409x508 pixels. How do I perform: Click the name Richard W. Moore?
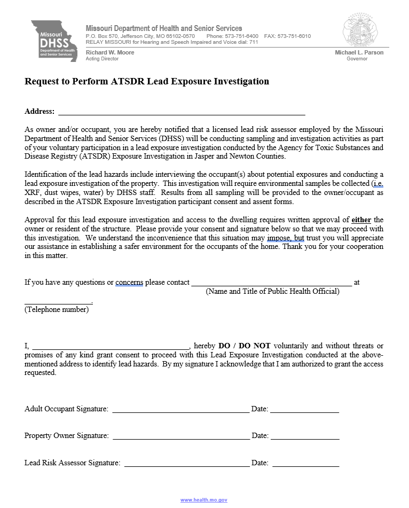pos(110,52)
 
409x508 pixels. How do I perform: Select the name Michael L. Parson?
pos(359,52)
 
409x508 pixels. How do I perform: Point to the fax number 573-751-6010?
pos(294,36)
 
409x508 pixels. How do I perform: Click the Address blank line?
pos(182,113)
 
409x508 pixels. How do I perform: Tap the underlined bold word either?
pos(361,220)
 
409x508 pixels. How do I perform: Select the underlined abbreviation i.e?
pos(378,183)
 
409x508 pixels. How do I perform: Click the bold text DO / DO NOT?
pos(245,346)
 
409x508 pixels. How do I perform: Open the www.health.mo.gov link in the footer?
pos(204,500)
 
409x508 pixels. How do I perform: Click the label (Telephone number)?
pos(57,309)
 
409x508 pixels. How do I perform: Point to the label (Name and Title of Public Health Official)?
pos(272,291)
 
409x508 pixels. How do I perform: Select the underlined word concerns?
pos(129,282)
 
